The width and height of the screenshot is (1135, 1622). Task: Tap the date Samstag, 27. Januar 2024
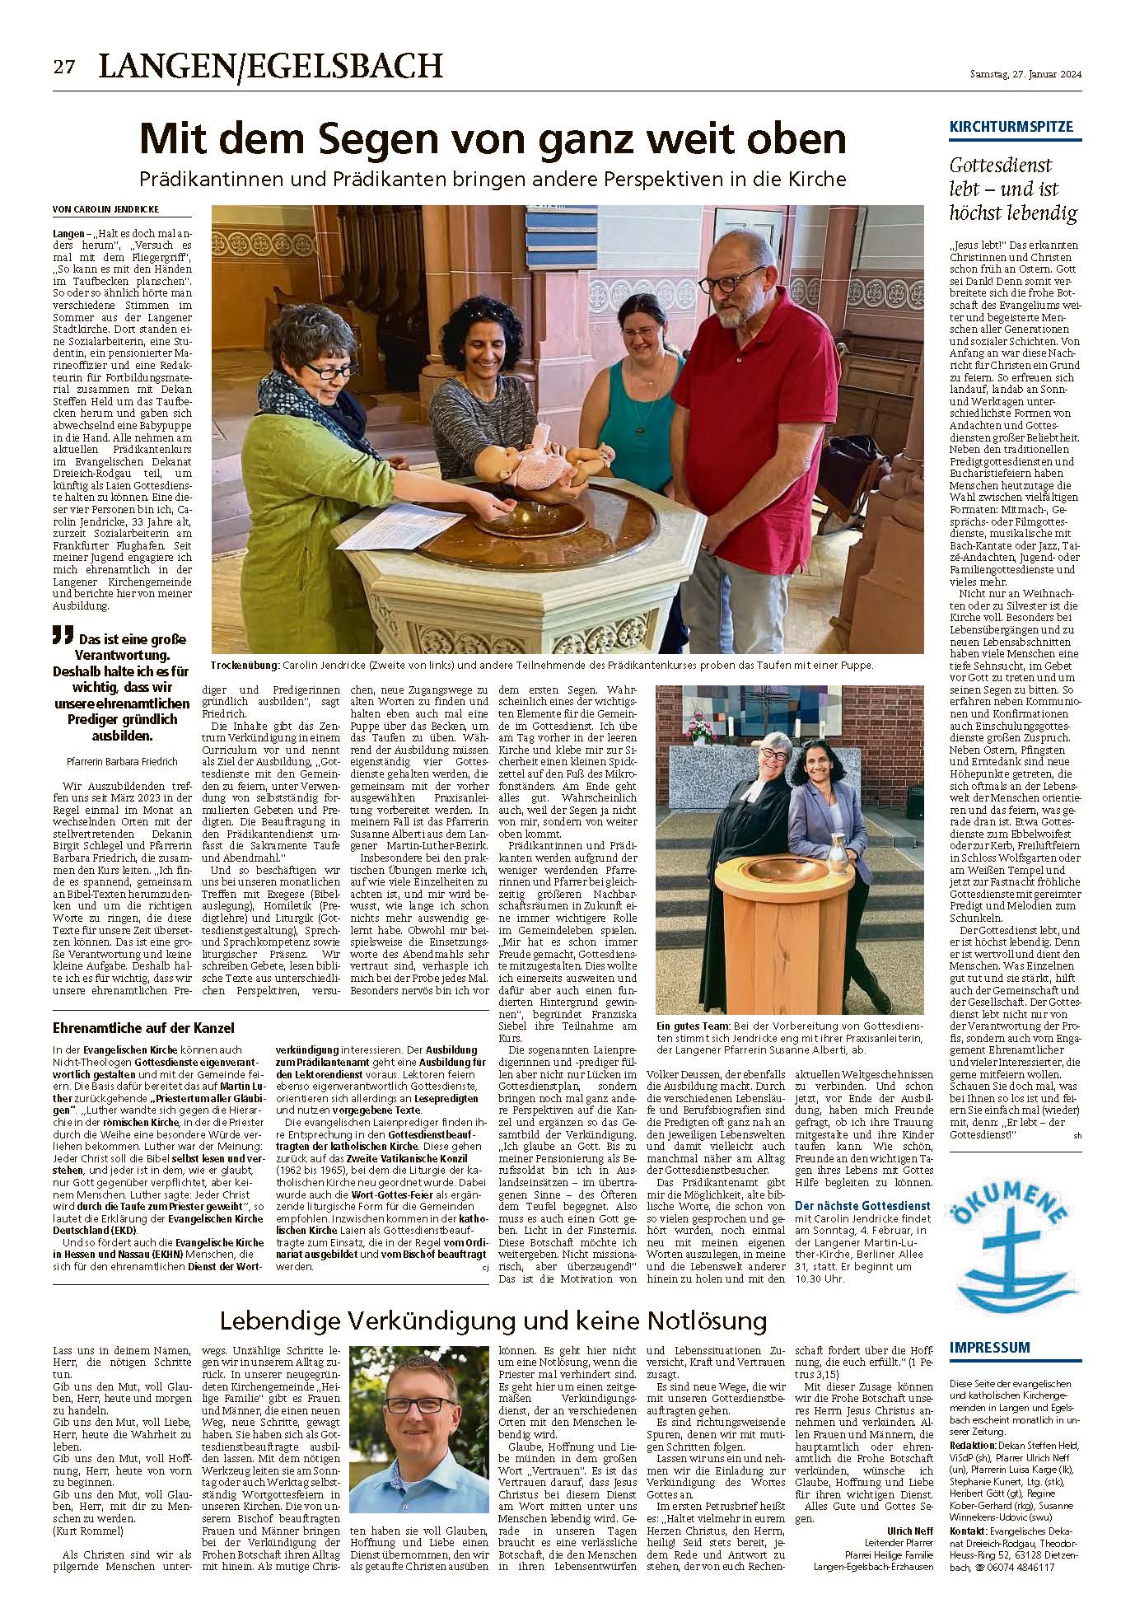pos(1025,74)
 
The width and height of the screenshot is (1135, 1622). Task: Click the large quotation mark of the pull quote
pos(58,635)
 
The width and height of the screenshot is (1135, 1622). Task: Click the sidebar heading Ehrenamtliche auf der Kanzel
pos(143,1028)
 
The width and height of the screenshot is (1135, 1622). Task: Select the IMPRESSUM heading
pos(989,1347)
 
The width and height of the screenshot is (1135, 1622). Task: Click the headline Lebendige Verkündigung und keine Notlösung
pos(493,1322)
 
